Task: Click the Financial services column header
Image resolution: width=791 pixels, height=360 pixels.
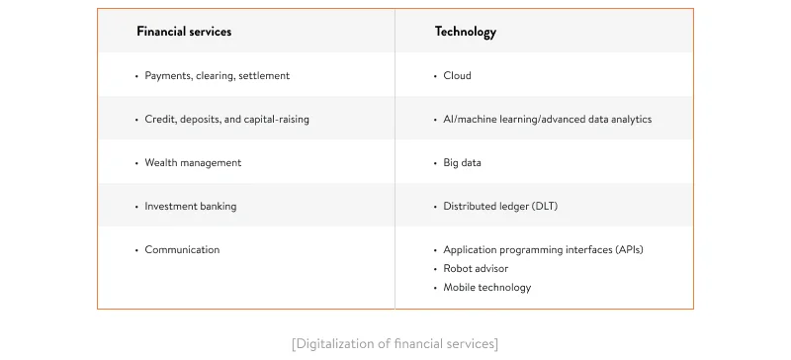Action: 184,32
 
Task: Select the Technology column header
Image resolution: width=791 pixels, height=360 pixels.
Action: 466,32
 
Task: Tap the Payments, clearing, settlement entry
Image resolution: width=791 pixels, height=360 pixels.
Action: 217,75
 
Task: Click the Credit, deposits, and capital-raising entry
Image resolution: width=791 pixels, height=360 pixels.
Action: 226,119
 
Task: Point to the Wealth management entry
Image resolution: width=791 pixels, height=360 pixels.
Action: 193,162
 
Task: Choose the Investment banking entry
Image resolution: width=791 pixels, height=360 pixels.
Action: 190,206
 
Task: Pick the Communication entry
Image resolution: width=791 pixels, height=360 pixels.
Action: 182,249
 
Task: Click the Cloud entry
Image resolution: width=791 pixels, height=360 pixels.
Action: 457,75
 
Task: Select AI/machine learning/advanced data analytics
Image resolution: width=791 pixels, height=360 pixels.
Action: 547,119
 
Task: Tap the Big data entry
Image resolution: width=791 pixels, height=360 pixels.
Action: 462,162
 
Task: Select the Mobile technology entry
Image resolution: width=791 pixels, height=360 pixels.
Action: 486,287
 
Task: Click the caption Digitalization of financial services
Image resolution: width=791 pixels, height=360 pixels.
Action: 395,343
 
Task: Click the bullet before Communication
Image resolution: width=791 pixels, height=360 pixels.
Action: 136,250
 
